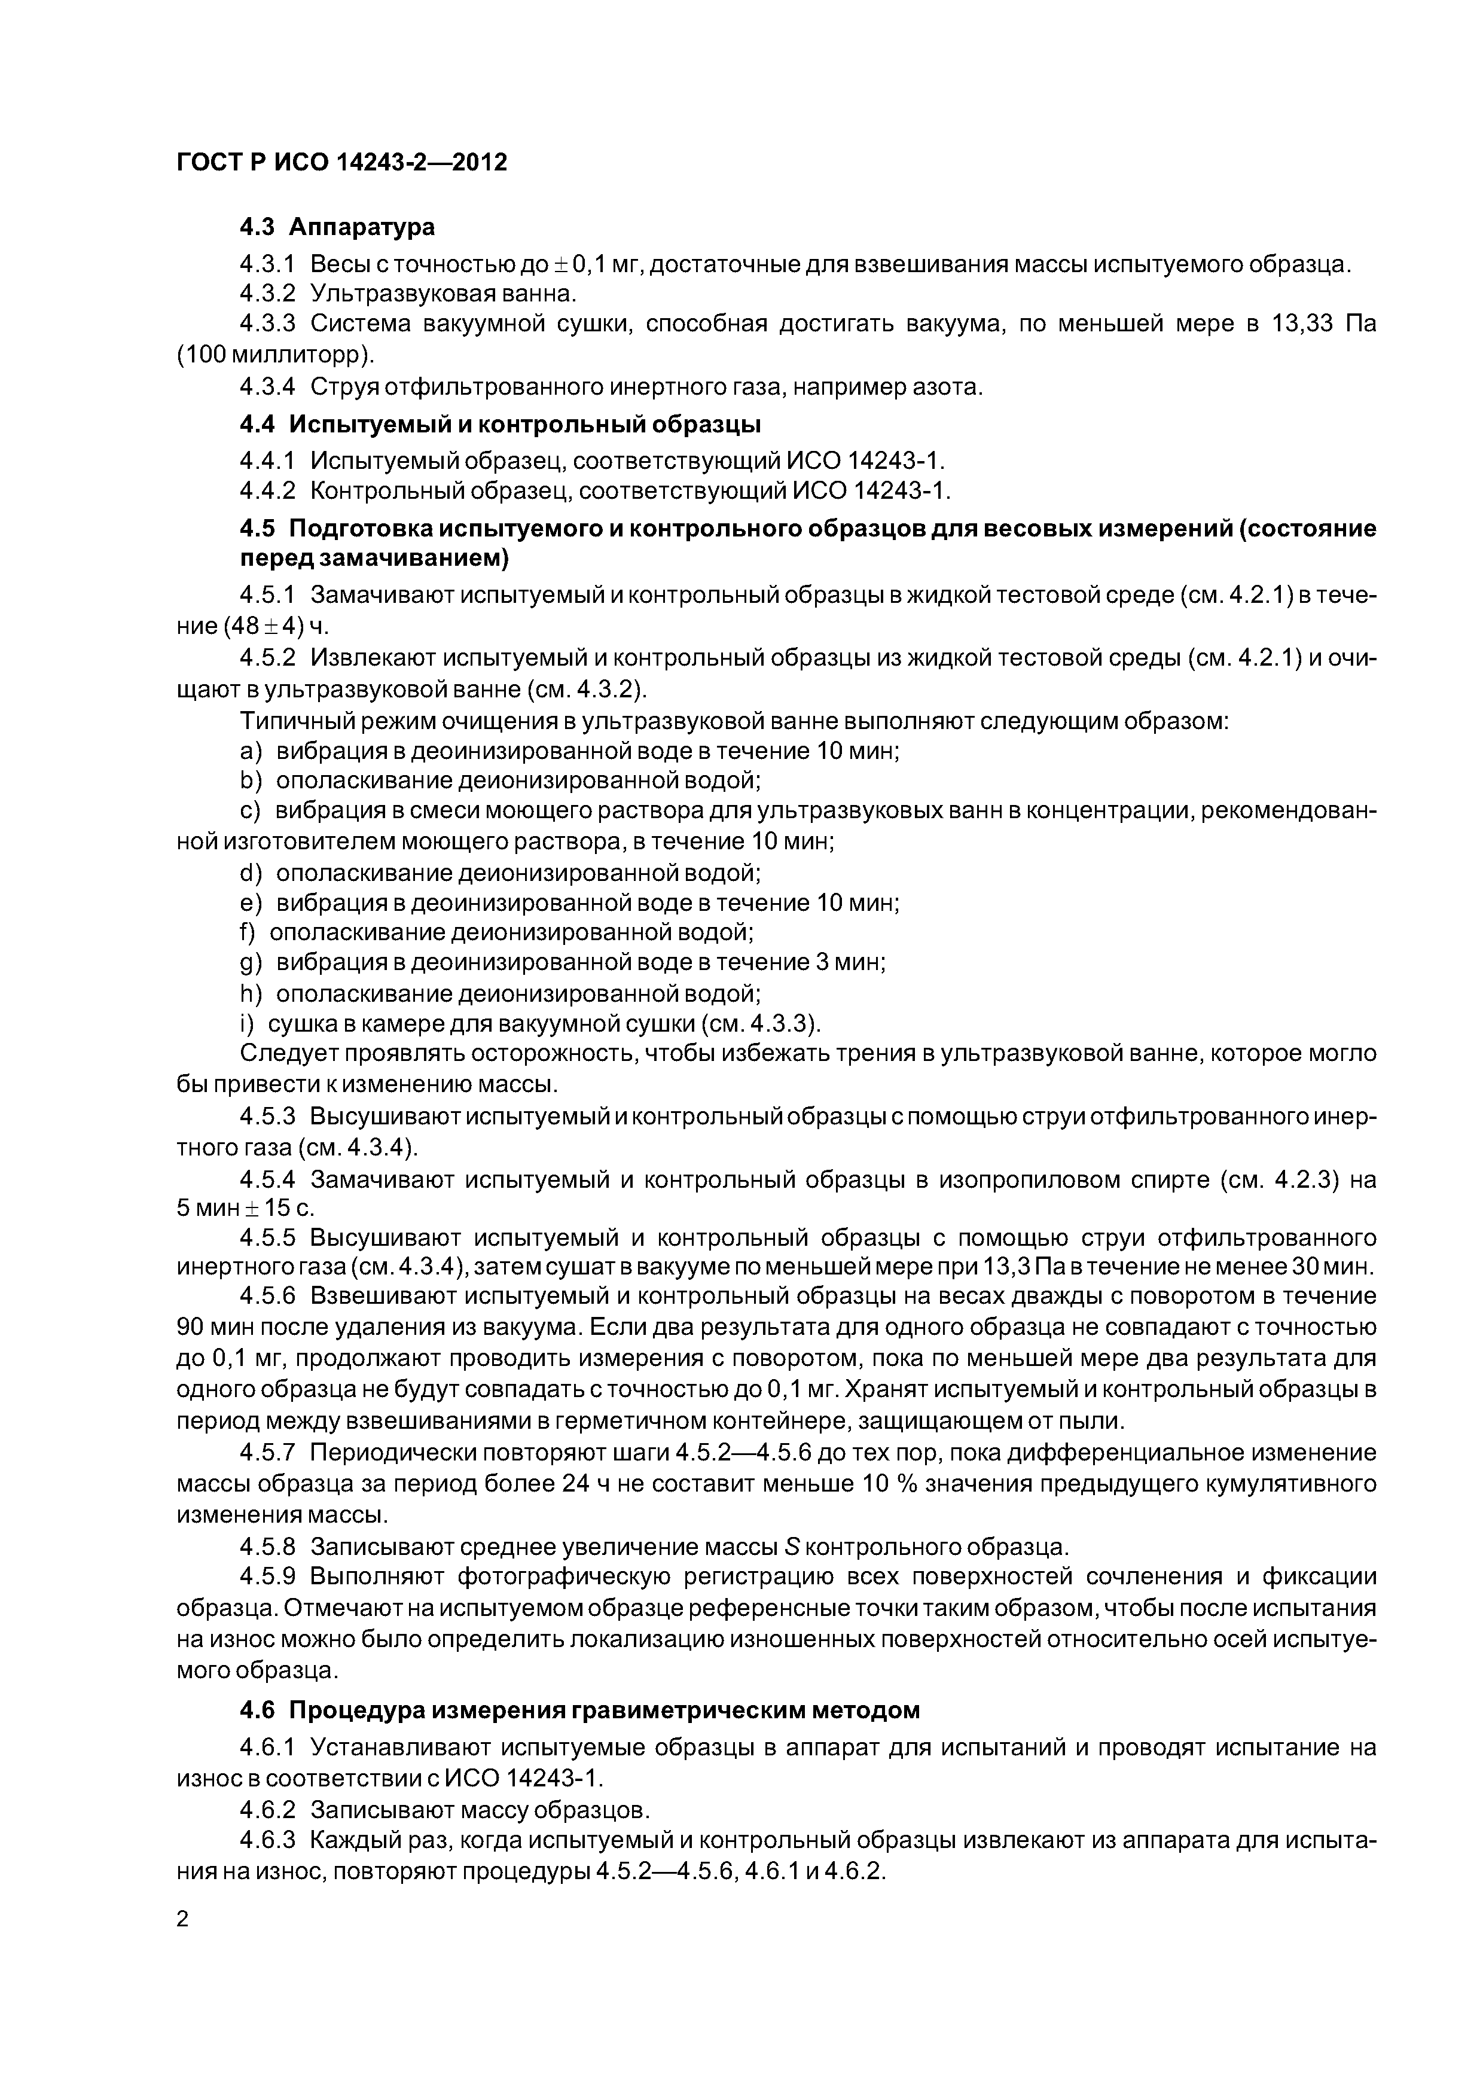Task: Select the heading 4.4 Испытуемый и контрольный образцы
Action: point(500,424)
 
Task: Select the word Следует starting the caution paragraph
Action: point(285,1053)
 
